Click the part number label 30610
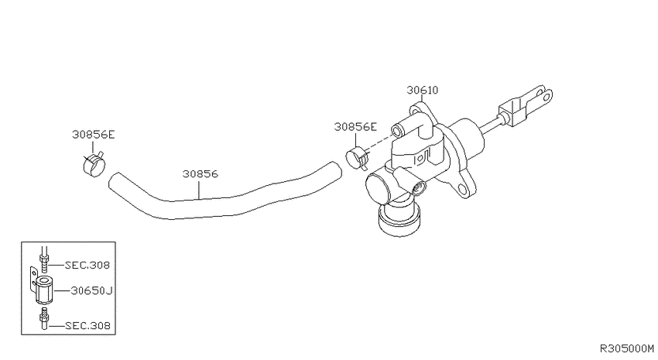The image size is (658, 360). (x=422, y=91)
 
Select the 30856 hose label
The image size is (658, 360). (x=200, y=173)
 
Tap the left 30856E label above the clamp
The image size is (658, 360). (x=93, y=135)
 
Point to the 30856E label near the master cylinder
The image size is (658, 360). (x=355, y=127)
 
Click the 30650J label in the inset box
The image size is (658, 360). (x=91, y=290)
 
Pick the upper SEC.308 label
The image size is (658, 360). (x=87, y=266)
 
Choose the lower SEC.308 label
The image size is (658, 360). (x=87, y=326)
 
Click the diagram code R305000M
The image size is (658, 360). (x=626, y=348)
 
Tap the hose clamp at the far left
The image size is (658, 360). (x=93, y=163)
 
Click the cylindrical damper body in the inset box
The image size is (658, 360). (x=42, y=290)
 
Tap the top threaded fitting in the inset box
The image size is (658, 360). (x=44, y=259)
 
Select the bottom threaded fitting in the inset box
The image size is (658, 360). (x=44, y=318)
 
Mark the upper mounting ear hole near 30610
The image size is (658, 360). (x=415, y=111)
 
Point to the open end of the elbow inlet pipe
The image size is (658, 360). (x=396, y=132)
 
